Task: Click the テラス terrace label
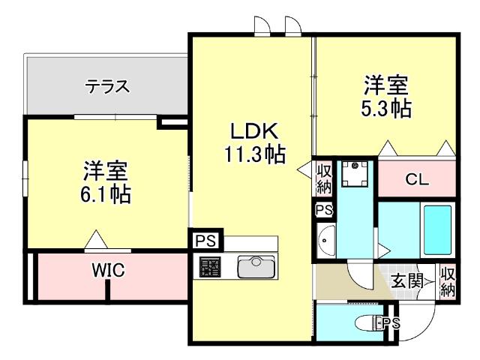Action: (x=107, y=86)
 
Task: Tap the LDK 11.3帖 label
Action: (x=255, y=142)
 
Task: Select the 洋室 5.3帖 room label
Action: (x=386, y=97)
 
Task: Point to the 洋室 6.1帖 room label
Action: (x=106, y=182)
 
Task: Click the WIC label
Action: (x=109, y=270)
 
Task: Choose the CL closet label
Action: (x=417, y=179)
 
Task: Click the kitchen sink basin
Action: (x=256, y=267)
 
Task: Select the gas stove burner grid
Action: (x=210, y=267)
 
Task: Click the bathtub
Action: (x=437, y=230)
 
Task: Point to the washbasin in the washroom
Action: (x=326, y=241)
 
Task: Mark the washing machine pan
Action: (x=355, y=174)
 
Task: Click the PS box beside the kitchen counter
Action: (x=205, y=240)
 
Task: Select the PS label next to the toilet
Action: (x=391, y=323)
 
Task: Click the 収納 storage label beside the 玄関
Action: (x=448, y=282)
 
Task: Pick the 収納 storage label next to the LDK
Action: (x=324, y=178)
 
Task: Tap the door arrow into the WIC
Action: (x=96, y=239)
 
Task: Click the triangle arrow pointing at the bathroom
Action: (x=384, y=250)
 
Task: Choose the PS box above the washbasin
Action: (x=324, y=210)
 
